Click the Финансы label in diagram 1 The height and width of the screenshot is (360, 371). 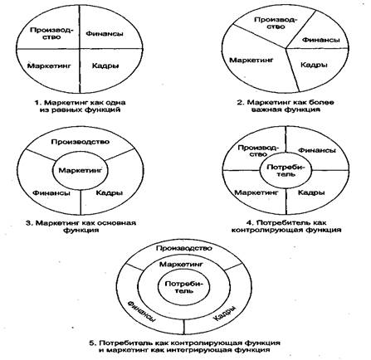coord(105,34)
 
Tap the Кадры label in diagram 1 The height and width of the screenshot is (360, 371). coord(105,66)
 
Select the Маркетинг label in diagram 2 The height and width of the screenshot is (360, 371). coord(251,60)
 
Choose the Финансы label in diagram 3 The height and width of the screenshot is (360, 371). coord(51,192)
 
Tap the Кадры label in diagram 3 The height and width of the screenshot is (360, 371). coord(110,192)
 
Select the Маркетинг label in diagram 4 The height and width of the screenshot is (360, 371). coord(256,192)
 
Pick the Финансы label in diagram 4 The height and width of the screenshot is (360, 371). coord(317,150)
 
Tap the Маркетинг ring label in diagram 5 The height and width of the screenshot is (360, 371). coord(181,265)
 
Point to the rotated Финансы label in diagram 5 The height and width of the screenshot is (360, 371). coord(141,312)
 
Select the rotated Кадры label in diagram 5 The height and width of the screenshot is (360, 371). coord(226,314)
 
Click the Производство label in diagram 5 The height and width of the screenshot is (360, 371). coord(184,248)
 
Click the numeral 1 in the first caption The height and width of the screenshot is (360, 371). coord(37,103)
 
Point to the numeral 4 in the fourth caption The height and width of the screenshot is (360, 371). coord(248,222)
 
